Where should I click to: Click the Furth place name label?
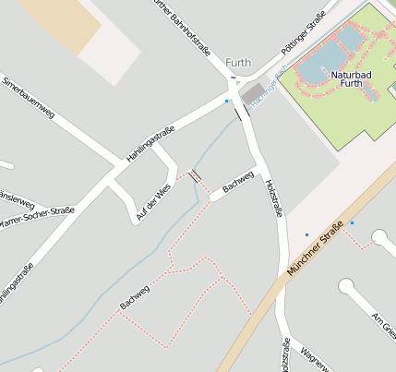tap(238, 63)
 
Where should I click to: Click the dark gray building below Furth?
tap(252, 93)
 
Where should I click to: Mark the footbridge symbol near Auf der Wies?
tap(194, 174)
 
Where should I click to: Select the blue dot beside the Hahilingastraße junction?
tap(227, 101)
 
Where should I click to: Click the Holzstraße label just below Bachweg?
tap(274, 200)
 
